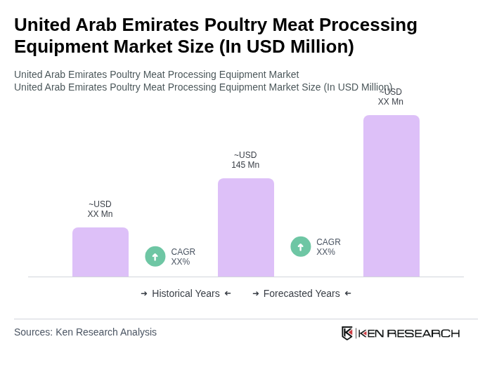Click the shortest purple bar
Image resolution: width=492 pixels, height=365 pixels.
pyautogui.click(x=101, y=252)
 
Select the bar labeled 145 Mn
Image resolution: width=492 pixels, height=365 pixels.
pyautogui.click(x=246, y=227)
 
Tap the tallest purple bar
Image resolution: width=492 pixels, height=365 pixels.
pyautogui.click(x=391, y=196)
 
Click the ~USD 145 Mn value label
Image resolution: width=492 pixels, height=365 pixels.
pyautogui.click(x=245, y=160)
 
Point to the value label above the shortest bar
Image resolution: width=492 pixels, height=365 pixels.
pyautogui.click(x=100, y=209)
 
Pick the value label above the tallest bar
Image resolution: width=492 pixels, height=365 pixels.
pyautogui.click(x=391, y=98)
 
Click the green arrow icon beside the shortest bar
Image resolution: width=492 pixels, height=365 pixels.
pyautogui.click(x=155, y=256)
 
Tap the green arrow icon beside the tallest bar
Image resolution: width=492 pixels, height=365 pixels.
pyautogui.click(x=301, y=246)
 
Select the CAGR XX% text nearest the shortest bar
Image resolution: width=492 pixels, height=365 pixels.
pyautogui.click(x=183, y=257)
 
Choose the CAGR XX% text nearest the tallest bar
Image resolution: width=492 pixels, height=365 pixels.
pyautogui.click(x=328, y=247)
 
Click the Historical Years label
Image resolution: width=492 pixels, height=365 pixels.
pyautogui.click(x=186, y=293)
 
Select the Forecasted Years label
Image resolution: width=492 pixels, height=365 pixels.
pyautogui.click(x=302, y=293)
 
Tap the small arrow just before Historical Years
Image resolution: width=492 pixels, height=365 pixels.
pyautogui.click(x=144, y=293)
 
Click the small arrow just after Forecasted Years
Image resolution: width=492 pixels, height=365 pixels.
pyautogui.click(x=348, y=293)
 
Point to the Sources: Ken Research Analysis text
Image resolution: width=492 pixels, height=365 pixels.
pyautogui.click(x=85, y=332)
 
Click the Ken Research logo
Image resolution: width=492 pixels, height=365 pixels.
pyautogui.click(x=401, y=333)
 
